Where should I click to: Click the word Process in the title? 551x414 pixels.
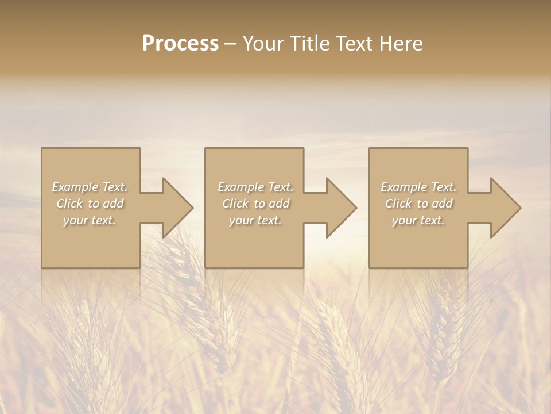pyautogui.click(x=180, y=43)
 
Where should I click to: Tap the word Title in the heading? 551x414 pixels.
pyautogui.click(x=306, y=43)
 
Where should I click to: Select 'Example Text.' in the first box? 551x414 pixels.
pyautogui.click(x=90, y=187)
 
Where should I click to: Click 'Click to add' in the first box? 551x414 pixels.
pyautogui.click(x=90, y=204)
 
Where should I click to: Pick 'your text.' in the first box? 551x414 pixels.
pyautogui.click(x=90, y=220)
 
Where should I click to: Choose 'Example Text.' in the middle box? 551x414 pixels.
pyautogui.click(x=255, y=187)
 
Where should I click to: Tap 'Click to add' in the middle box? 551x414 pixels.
pyautogui.click(x=255, y=204)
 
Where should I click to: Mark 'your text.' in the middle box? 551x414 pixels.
pyautogui.click(x=255, y=220)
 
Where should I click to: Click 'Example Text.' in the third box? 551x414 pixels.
pyautogui.click(x=418, y=187)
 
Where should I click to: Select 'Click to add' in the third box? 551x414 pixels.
pyautogui.click(x=418, y=204)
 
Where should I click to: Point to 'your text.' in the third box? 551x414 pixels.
pyautogui.click(x=418, y=220)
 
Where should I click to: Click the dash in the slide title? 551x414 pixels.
pyautogui.click(x=231, y=44)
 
